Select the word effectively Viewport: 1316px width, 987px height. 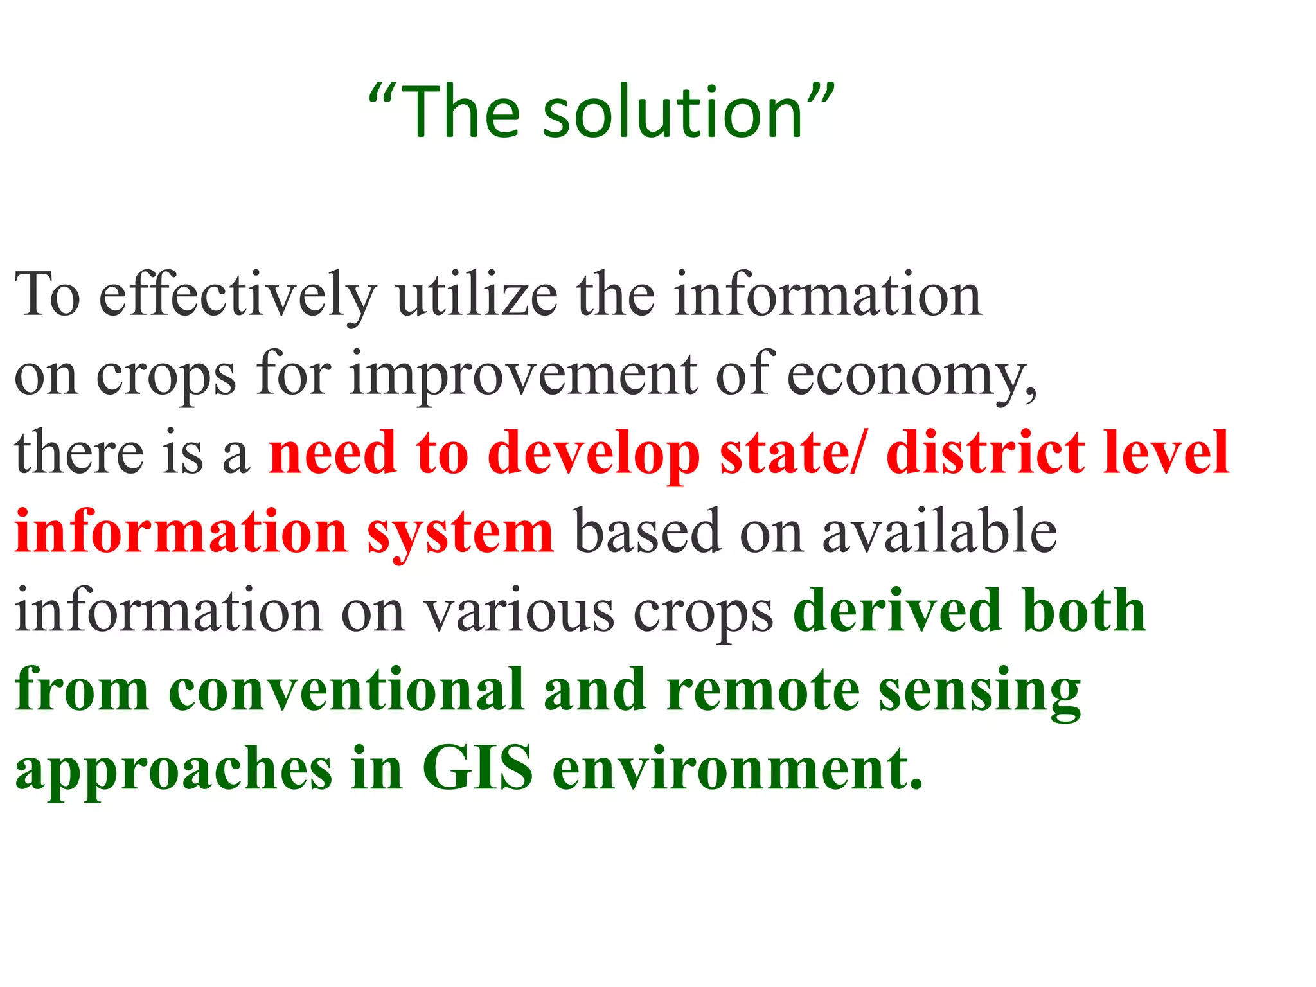click(237, 296)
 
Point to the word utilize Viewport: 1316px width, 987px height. click(477, 296)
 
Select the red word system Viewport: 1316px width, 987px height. click(459, 533)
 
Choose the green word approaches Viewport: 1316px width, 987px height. click(173, 771)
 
